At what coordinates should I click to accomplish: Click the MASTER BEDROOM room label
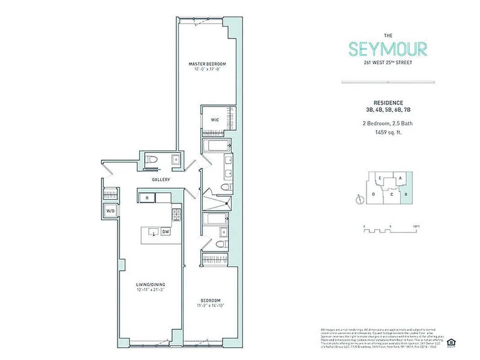pyautogui.click(x=207, y=64)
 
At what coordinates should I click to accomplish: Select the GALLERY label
pyautogui.click(x=161, y=180)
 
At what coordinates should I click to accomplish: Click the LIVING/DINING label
pyautogui.click(x=151, y=284)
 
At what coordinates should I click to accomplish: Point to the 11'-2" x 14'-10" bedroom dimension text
pyautogui.click(x=211, y=306)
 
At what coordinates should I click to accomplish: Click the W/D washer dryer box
pyautogui.click(x=110, y=211)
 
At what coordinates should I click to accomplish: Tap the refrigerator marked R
pyautogui.click(x=147, y=198)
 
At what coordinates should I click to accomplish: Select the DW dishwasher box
pyautogui.click(x=166, y=232)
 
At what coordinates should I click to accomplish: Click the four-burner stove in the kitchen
pyautogui.click(x=176, y=215)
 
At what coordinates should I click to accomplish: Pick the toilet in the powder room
pyautogui.click(x=152, y=160)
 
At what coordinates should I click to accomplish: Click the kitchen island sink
pyautogui.click(x=154, y=233)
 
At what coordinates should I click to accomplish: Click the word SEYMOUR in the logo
pyautogui.click(x=388, y=49)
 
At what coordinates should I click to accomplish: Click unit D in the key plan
pyautogui.click(x=373, y=194)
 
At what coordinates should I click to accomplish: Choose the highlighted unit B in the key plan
pyautogui.click(x=406, y=194)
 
